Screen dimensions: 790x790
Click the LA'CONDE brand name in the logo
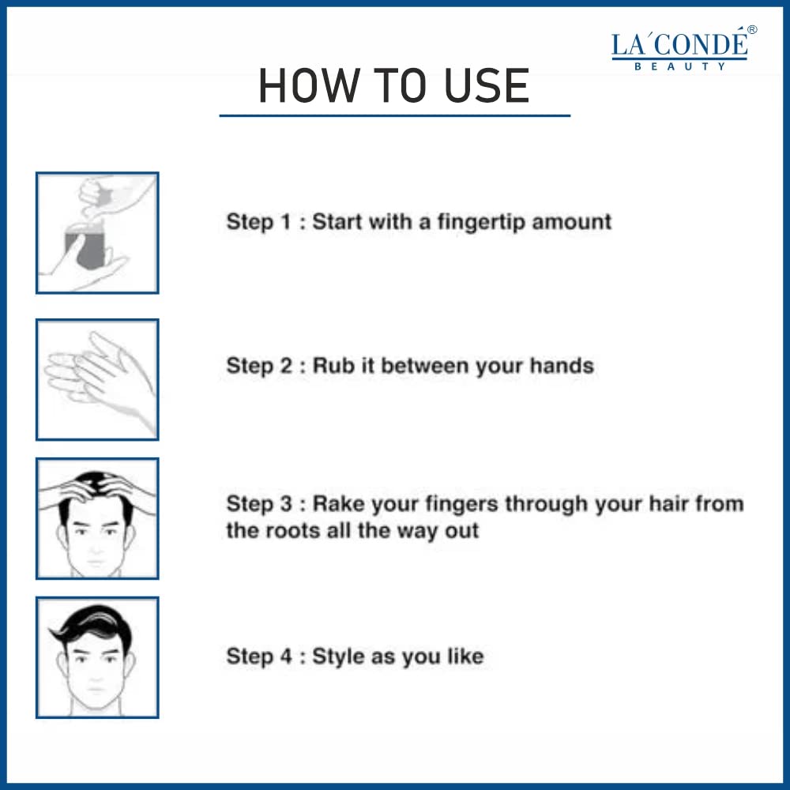click(679, 44)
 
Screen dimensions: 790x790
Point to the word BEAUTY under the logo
click(679, 66)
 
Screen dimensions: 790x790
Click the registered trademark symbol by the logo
click(752, 30)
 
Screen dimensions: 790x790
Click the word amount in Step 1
click(572, 222)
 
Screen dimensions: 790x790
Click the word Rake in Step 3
click(339, 504)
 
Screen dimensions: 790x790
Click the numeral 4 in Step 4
click(286, 656)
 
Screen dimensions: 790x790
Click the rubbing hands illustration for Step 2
click(99, 379)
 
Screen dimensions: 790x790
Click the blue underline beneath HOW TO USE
click(395, 116)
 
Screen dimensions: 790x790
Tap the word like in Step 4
click(465, 656)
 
